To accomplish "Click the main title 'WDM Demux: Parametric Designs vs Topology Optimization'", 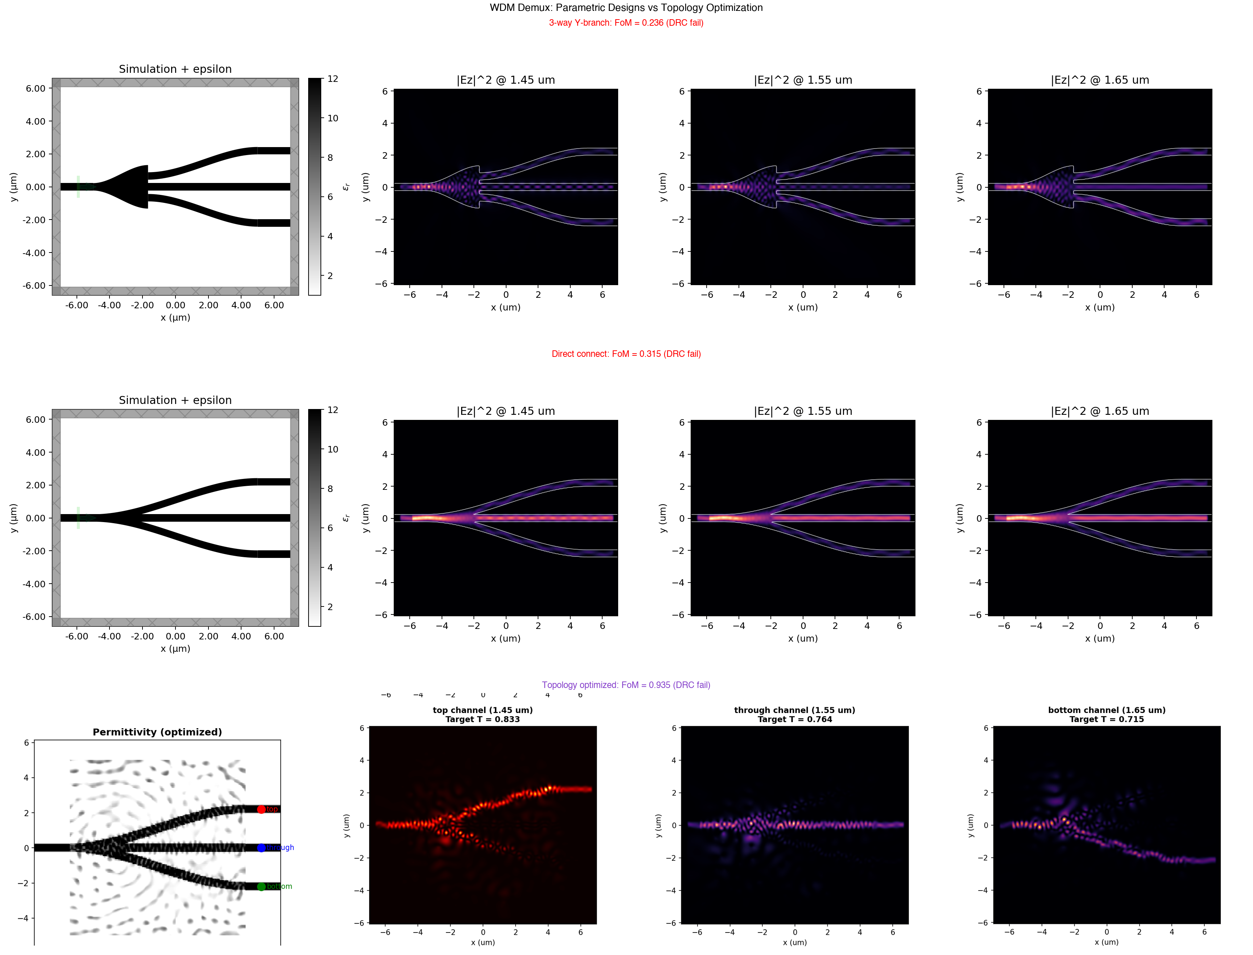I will coord(626,7).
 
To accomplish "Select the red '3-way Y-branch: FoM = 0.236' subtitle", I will coord(626,23).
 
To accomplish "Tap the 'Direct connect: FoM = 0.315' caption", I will coord(626,354).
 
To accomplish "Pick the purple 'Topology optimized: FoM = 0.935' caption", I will coord(626,685).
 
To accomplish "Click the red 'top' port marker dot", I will coord(261,809).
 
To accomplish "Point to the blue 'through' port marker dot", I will coord(261,848).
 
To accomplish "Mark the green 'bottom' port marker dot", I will coord(261,887).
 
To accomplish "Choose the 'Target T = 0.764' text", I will coord(795,720).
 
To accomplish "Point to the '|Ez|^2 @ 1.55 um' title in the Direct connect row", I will coord(803,411).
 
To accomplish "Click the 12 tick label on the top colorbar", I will coord(333,79).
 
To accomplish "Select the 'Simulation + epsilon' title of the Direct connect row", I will coord(175,400).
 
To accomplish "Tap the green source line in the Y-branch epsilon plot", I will coord(78,187).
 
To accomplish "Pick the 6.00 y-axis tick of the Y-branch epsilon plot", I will coord(35,88).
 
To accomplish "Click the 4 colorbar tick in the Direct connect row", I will coord(330,567).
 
